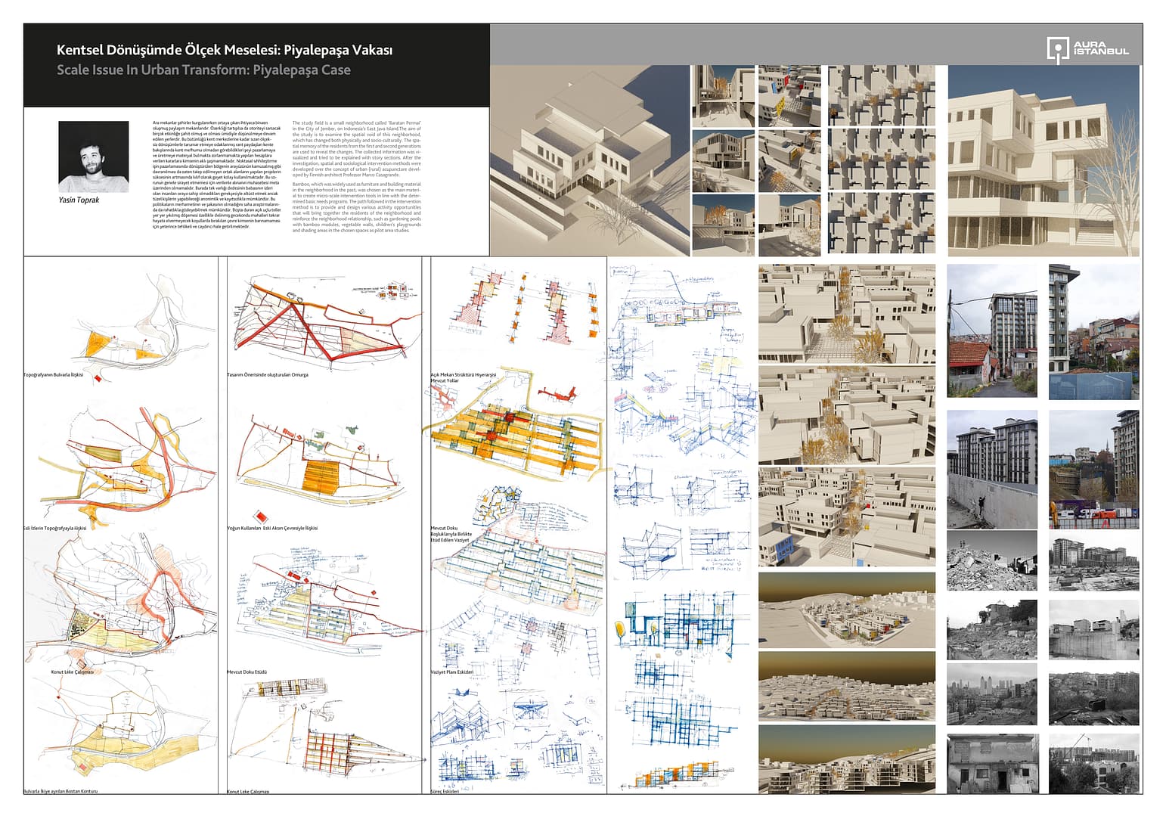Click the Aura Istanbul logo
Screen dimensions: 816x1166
click(x=1087, y=50)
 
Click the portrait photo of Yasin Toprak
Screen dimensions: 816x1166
click(x=93, y=157)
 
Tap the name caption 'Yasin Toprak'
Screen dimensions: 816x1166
click(x=79, y=200)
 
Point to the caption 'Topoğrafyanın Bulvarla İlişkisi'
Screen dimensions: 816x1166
click(x=53, y=375)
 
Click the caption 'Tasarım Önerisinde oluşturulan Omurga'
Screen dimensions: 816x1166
click(x=268, y=375)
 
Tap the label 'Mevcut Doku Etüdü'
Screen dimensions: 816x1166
click(x=247, y=672)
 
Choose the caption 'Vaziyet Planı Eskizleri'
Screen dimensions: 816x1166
click(x=451, y=672)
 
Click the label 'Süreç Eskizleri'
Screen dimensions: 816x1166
click(x=445, y=791)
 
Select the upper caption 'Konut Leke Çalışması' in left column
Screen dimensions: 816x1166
click(x=72, y=672)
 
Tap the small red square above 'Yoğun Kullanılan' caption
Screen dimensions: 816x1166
click(x=261, y=515)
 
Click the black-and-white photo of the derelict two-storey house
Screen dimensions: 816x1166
click(x=991, y=764)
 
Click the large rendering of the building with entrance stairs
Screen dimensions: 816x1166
click(x=1043, y=160)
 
